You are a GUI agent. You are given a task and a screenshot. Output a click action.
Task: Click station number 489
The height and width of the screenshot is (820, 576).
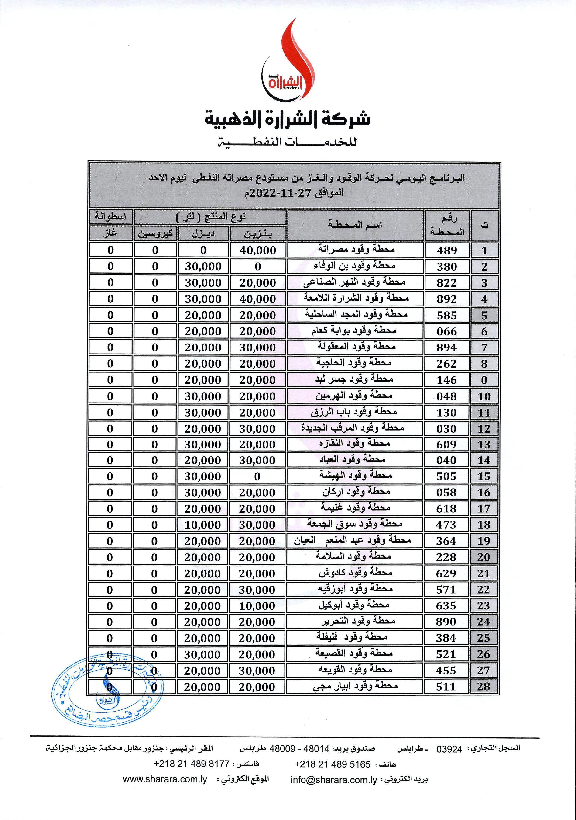446,250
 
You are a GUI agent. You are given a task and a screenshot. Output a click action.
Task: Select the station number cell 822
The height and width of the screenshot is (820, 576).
446,283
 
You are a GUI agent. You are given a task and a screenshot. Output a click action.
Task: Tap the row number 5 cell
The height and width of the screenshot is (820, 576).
484,315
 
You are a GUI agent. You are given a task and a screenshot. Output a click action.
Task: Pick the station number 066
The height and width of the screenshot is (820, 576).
446,331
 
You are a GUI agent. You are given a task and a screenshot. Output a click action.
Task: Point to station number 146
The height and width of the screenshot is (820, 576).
446,380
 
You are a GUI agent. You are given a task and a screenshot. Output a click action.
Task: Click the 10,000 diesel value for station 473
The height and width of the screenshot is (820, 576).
203,525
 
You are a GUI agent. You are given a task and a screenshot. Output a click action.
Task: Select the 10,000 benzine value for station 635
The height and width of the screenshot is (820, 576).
257,606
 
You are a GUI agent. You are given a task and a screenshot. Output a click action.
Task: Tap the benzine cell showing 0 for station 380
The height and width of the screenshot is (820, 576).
258,266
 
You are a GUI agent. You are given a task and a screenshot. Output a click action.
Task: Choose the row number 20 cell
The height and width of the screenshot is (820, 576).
483,557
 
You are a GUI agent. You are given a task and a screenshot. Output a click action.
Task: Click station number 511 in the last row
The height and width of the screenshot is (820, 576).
446,686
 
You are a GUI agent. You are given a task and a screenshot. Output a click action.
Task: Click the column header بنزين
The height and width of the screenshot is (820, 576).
258,234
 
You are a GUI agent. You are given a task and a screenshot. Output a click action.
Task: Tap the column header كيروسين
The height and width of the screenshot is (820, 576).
155,234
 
